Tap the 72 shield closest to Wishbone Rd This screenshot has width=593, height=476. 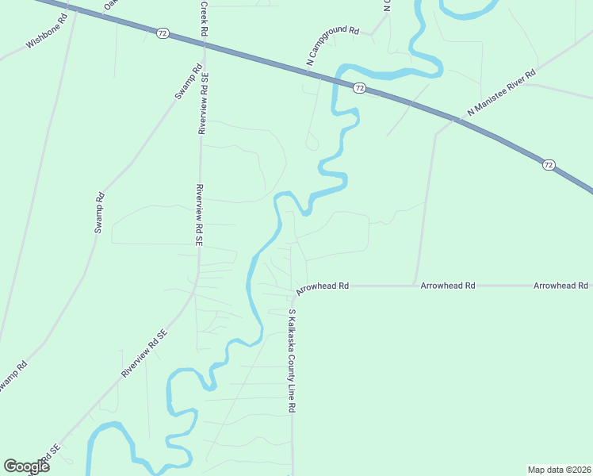coord(163,33)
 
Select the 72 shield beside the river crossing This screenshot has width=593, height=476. coord(359,87)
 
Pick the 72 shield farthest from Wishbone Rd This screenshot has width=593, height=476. coord(549,165)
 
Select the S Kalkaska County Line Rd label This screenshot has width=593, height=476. coord(292,361)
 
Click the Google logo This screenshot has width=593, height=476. coord(26,466)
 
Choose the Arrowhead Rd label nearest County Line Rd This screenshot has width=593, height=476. coord(323,285)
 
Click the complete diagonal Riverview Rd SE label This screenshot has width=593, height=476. coord(146,353)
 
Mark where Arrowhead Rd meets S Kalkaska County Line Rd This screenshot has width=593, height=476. coord(292,286)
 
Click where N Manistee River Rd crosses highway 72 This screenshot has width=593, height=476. coord(454,121)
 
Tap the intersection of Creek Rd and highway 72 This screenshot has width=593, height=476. coord(204,44)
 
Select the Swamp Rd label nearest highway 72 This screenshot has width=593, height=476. coord(184,83)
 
